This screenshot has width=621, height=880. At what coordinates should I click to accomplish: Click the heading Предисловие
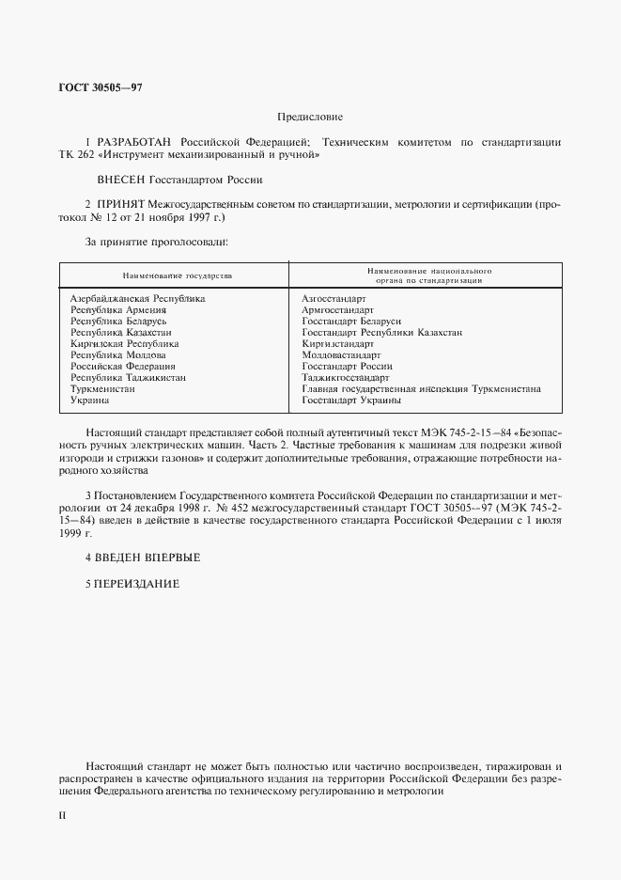pos(310,118)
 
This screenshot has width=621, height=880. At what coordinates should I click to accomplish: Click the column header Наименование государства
pos(176,275)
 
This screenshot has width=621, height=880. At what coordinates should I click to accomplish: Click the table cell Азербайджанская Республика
pos(138,298)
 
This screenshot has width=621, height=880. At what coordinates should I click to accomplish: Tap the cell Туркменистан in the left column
pos(103,388)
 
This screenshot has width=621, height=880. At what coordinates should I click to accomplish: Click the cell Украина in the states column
pos(91,400)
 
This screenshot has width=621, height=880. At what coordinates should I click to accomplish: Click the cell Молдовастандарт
pos(341,354)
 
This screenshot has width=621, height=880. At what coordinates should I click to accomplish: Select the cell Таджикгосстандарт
pos(345,377)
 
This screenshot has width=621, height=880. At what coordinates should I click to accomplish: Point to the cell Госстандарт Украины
pos(351,400)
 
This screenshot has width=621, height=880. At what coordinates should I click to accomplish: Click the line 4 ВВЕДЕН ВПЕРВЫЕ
pos(143,558)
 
